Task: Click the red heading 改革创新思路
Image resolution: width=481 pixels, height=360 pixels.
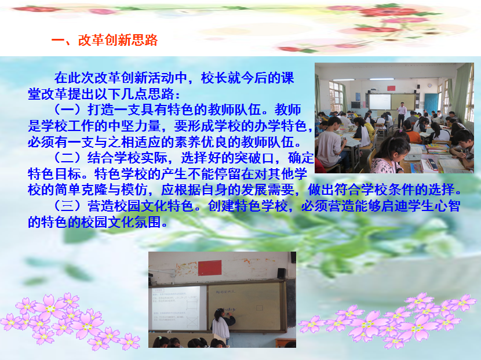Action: click(x=118, y=40)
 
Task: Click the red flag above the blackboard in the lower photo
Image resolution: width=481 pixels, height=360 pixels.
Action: click(x=210, y=268)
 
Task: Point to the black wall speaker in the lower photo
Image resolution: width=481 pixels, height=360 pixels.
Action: click(x=281, y=273)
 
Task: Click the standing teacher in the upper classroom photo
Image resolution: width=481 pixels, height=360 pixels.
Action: click(x=401, y=114)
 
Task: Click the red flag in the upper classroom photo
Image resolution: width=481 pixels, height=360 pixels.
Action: click(x=391, y=88)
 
